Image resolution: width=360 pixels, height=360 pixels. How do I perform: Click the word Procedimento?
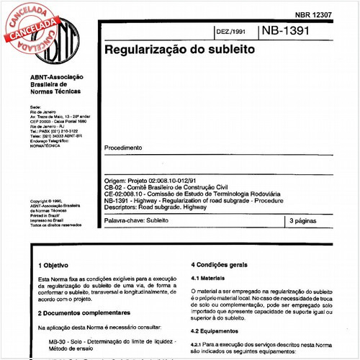tap(123, 148)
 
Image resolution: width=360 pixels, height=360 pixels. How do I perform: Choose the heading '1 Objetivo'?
tap(53, 265)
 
